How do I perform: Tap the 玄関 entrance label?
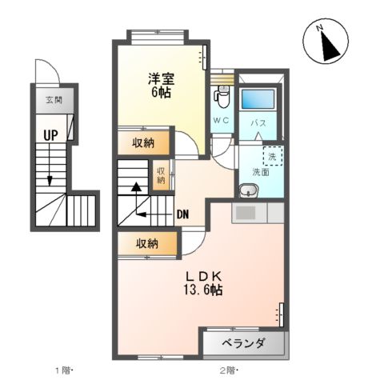(54, 101)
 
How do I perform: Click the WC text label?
(222, 120)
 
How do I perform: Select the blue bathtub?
(258, 100)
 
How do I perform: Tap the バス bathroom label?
(258, 123)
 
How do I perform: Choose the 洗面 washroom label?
(261, 171)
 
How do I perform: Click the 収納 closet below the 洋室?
(145, 144)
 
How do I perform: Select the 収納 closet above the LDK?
(145, 243)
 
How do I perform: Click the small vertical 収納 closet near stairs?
(162, 174)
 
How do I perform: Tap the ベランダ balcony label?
(245, 344)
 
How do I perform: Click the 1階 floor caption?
(64, 370)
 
